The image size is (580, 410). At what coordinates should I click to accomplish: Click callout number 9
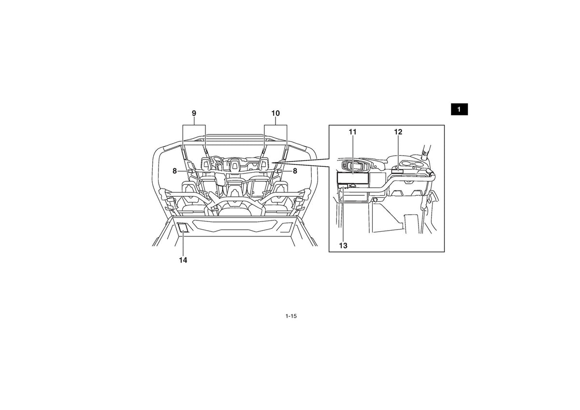pyautogui.click(x=194, y=113)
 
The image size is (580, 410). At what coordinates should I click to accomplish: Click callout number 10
pyautogui.click(x=275, y=113)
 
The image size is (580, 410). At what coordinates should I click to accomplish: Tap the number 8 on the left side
pyautogui.click(x=175, y=171)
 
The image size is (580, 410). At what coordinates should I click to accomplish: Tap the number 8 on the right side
pyautogui.click(x=295, y=171)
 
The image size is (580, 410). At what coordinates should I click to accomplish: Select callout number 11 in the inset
pyautogui.click(x=353, y=132)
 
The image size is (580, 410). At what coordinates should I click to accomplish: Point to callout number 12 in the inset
pyautogui.click(x=398, y=132)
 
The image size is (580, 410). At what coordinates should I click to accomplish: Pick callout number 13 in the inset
pyautogui.click(x=343, y=245)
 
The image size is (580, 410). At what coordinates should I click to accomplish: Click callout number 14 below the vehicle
pyautogui.click(x=183, y=260)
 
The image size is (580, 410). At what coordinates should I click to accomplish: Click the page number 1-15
pyautogui.click(x=291, y=316)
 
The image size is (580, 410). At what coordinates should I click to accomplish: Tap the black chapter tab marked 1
pyautogui.click(x=459, y=109)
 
